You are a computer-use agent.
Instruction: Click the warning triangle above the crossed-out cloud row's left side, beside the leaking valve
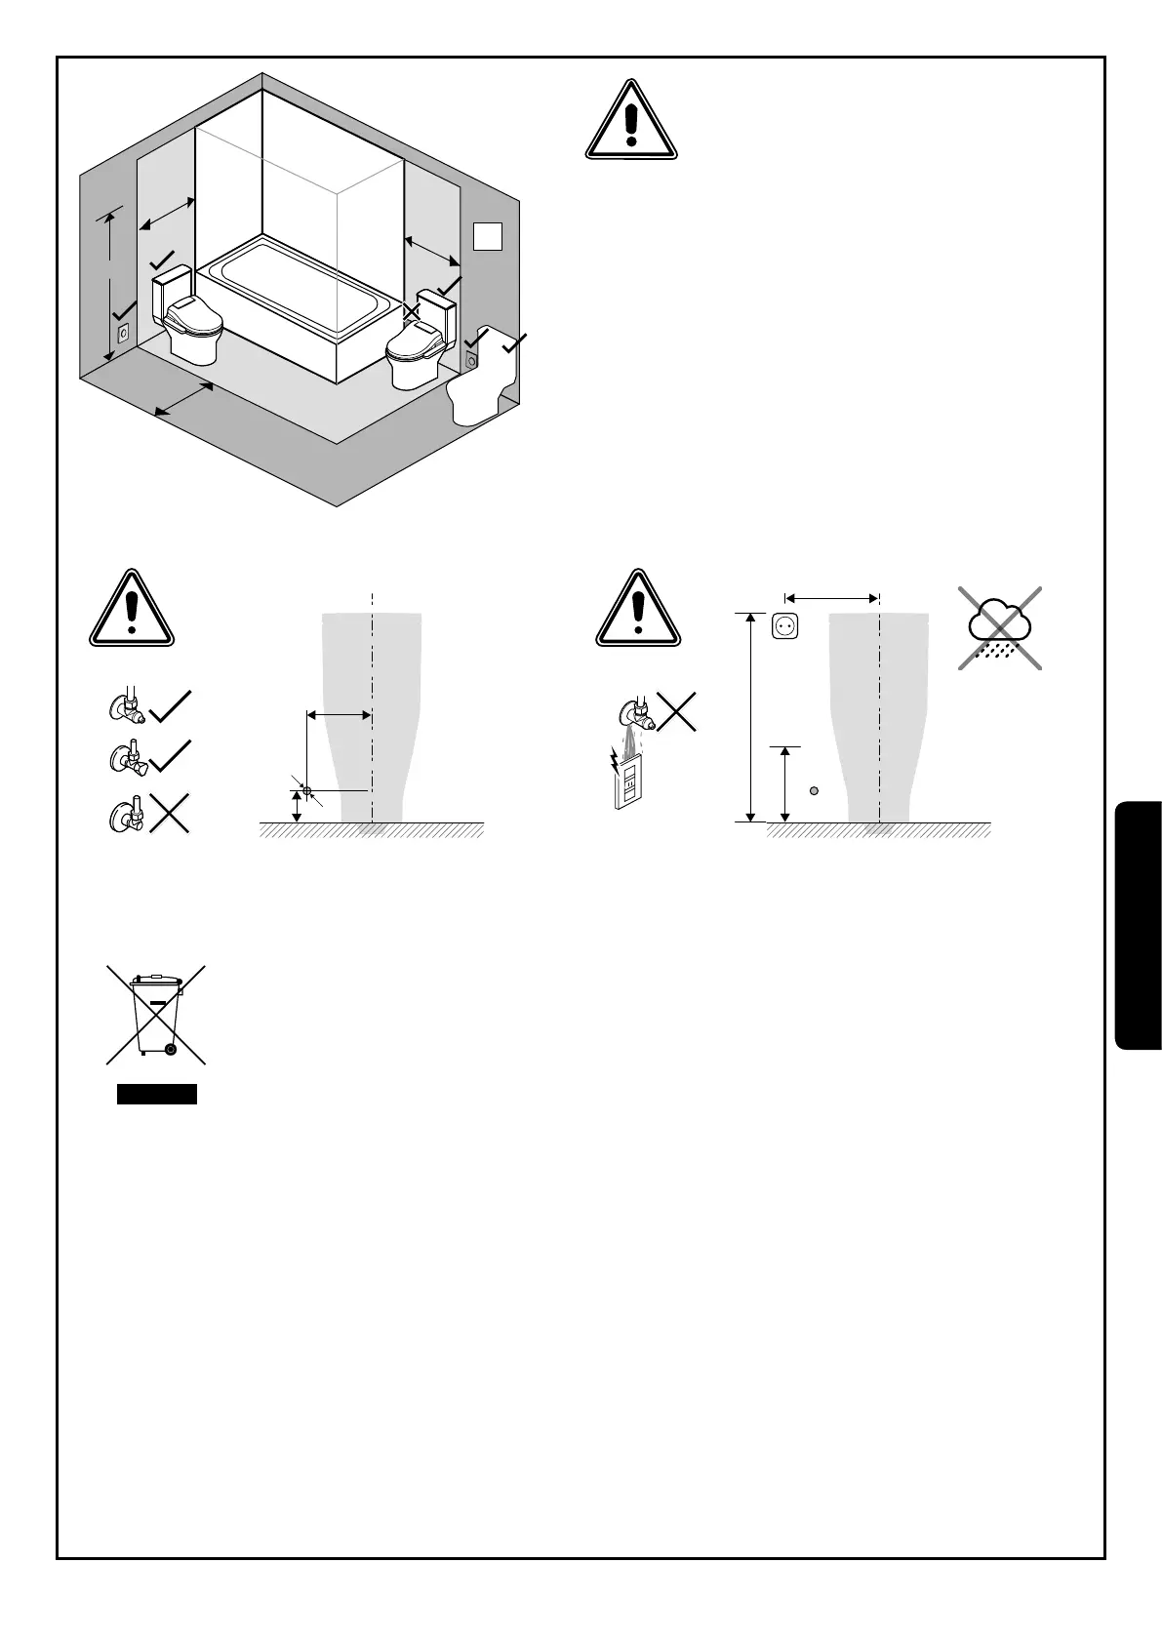[x=638, y=609]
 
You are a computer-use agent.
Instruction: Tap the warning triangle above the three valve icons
[x=132, y=609]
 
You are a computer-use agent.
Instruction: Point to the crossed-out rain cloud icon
[x=1000, y=628]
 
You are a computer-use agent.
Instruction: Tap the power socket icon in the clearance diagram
[x=785, y=625]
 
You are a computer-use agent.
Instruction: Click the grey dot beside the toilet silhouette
[x=814, y=790]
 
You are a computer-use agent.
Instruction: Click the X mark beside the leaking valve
[x=678, y=711]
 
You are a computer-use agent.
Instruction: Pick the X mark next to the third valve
[x=169, y=813]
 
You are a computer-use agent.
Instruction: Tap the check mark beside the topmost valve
[x=171, y=706]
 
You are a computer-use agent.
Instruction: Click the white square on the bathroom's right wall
[x=488, y=236]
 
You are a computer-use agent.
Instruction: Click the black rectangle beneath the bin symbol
[x=157, y=1094]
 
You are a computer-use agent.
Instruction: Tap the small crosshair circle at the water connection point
[x=306, y=789]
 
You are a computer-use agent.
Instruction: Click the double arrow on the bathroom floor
[x=184, y=400]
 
